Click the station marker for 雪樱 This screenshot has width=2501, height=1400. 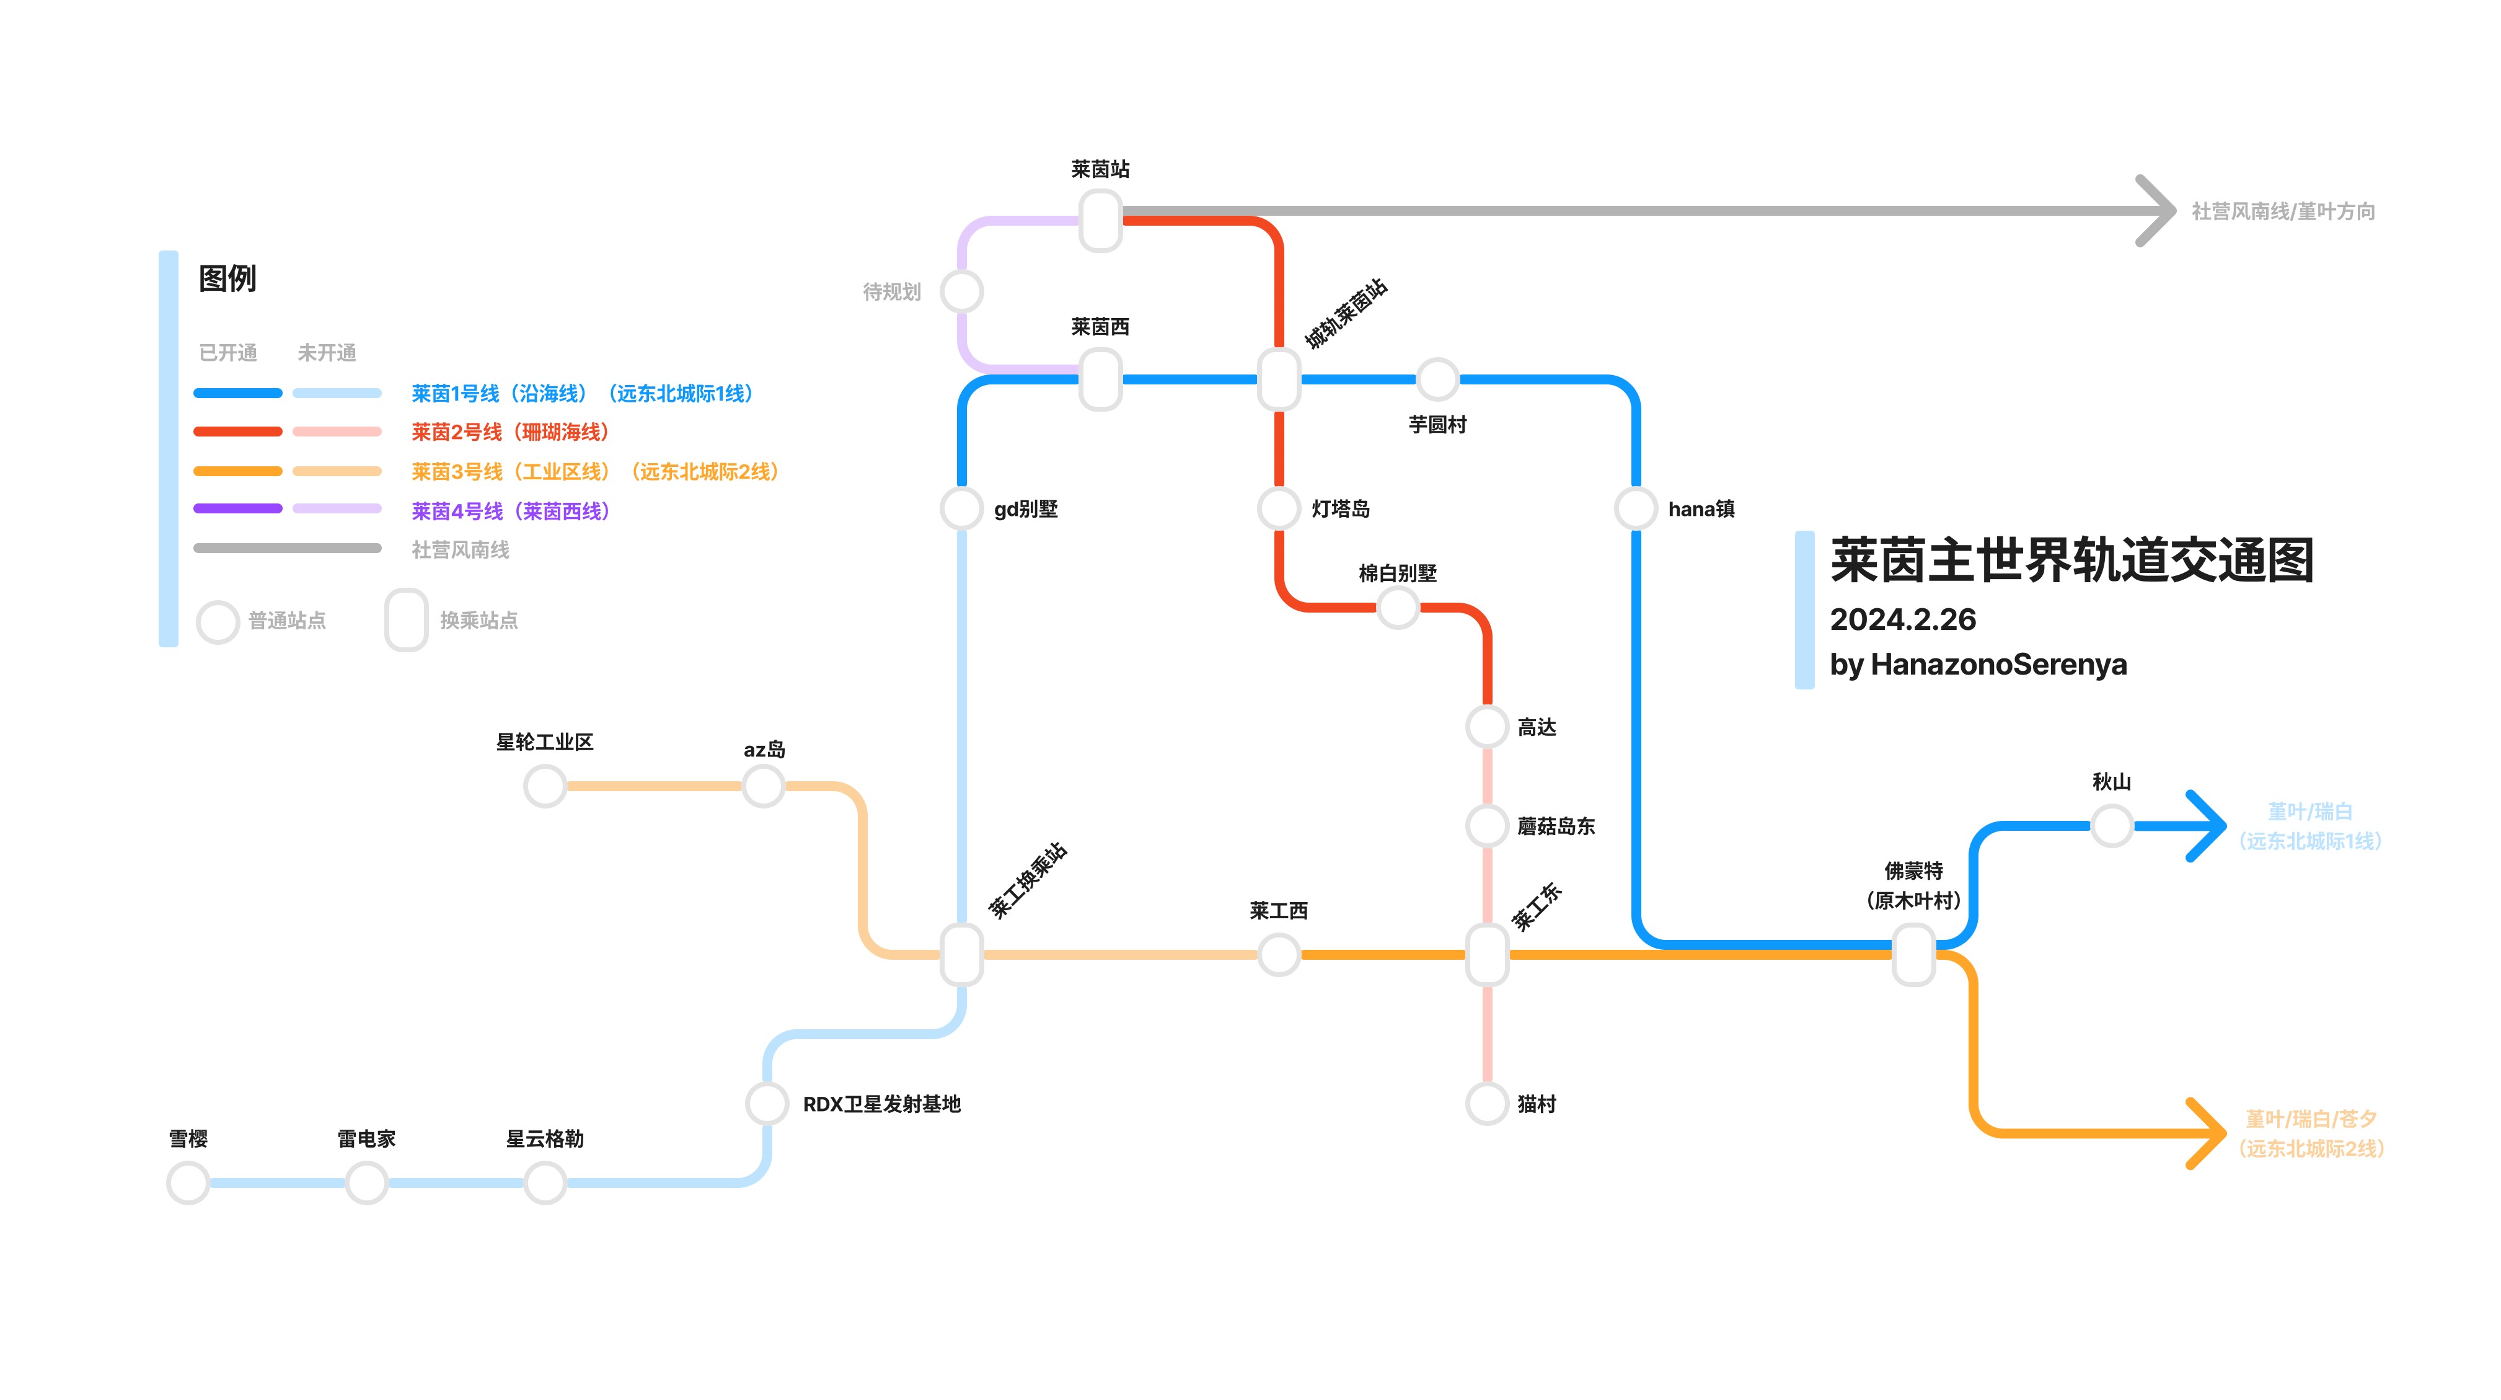[x=188, y=1182]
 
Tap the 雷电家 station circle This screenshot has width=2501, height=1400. [x=366, y=1182]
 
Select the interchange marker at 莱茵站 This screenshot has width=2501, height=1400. [x=1100, y=220]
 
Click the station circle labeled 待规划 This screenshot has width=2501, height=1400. [x=962, y=291]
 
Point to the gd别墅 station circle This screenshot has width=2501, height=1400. [x=962, y=508]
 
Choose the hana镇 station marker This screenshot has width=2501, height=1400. [x=1635, y=508]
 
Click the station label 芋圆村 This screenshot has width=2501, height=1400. [x=1437, y=424]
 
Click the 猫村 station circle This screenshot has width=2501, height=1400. [x=1486, y=1103]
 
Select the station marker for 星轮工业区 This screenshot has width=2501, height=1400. [x=545, y=786]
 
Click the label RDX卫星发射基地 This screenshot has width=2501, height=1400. [x=881, y=1104]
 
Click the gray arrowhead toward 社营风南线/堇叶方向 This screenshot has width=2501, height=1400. [x=2158, y=211]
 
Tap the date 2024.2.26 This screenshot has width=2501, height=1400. [x=1902, y=619]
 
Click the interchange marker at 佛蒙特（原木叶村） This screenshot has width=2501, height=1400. [x=1913, y=954]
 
